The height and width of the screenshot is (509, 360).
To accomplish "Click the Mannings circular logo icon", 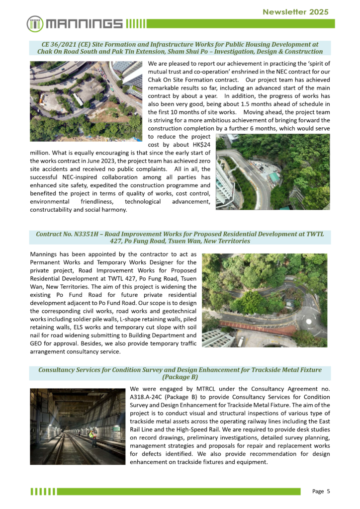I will coord(35,23).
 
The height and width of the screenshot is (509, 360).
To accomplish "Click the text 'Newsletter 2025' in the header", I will coord(295,12).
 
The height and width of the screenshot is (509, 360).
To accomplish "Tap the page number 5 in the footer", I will coord(328,492).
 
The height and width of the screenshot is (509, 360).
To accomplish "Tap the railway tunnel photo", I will coord(77,426).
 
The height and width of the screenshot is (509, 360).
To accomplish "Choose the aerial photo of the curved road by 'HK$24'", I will coord(272,171).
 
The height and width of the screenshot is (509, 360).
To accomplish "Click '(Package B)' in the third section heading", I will coord(180,377).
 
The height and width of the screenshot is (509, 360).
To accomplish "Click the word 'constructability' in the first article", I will coord(56,209).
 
